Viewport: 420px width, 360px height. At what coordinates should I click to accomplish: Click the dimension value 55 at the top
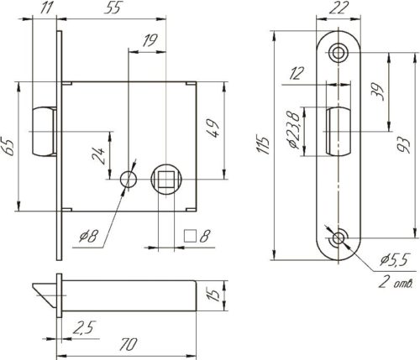(113, 8)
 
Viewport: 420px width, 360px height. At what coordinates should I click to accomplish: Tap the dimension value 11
(46, 8)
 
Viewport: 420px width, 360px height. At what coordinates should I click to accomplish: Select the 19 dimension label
(150, 41)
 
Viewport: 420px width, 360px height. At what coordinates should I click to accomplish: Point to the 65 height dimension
(10, 146)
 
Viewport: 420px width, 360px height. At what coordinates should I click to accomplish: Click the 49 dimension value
(212, 128)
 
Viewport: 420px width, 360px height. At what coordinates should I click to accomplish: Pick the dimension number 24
(98, 155)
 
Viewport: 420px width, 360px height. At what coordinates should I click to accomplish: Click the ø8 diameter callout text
(88, 237)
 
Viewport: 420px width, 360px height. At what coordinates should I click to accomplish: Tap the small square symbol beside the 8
(190, 236)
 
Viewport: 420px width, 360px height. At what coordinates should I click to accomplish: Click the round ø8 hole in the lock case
(129, 180)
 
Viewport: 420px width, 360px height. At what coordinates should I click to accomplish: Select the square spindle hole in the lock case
(166, 180)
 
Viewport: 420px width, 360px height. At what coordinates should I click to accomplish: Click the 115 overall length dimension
(264, 145)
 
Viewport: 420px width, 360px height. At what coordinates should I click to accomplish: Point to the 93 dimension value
(404, 145)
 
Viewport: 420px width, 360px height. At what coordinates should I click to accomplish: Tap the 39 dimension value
(378, 91)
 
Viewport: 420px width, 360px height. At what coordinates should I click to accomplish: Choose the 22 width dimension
(339, 8)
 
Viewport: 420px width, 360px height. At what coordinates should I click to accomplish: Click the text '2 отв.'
(396, 283)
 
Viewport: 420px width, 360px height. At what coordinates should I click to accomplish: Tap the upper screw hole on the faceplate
(339, 52)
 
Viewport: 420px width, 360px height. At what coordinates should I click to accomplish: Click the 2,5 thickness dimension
(84, 328)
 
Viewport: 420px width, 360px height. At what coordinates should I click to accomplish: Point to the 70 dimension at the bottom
(129, 345)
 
